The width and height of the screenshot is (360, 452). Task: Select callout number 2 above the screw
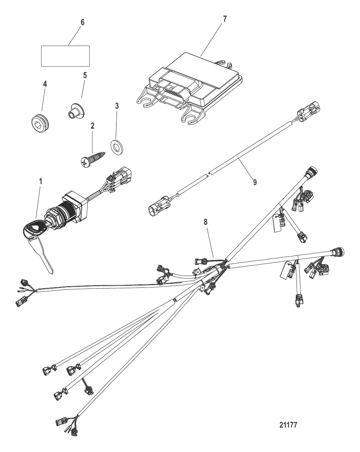tap(93, 126)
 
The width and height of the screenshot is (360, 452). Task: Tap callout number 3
tap(117, 106)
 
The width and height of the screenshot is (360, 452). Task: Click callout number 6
tap(82, 22)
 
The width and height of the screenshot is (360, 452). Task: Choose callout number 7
tap(225, 19)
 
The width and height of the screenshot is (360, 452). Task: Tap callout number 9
tap(255, 182)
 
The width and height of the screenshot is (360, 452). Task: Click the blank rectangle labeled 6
tap(66, 56)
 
